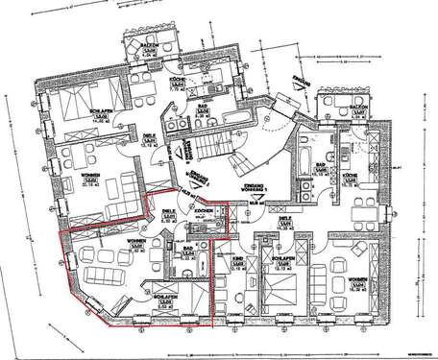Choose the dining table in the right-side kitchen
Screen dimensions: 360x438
pos(359,205)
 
